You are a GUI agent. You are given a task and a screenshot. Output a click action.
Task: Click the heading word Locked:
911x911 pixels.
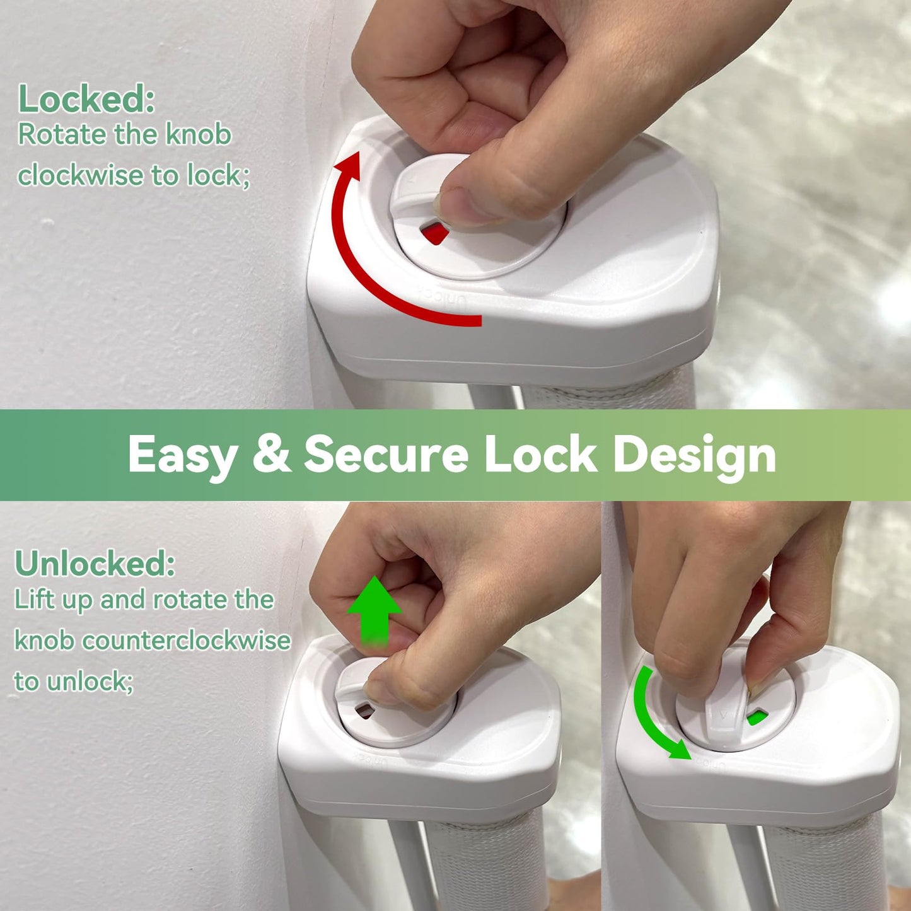point(86,99)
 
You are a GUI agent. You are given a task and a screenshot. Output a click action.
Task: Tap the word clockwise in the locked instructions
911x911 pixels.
point(80,176)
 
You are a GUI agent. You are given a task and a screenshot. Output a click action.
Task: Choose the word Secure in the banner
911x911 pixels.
point(386,454)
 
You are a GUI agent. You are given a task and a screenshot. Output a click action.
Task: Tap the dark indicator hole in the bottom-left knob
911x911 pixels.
point(364,711)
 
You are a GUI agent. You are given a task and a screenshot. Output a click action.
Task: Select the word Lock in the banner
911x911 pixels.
point(540,454)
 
